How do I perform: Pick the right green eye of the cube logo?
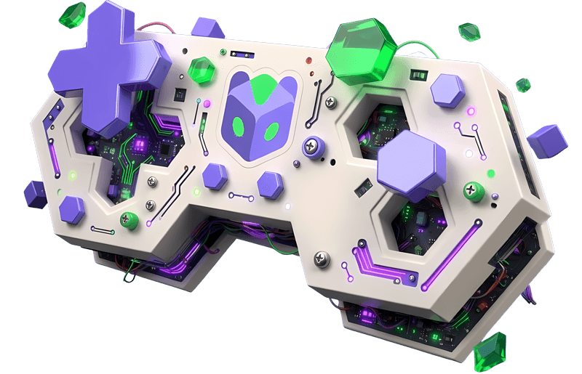click(271, 132)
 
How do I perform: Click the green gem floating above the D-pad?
click(73, 12)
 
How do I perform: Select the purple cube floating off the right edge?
click(547, 141)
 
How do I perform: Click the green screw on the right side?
click(474, 191)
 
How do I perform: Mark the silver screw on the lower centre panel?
click(320, 258)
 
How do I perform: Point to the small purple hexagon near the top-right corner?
click(447, 91)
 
